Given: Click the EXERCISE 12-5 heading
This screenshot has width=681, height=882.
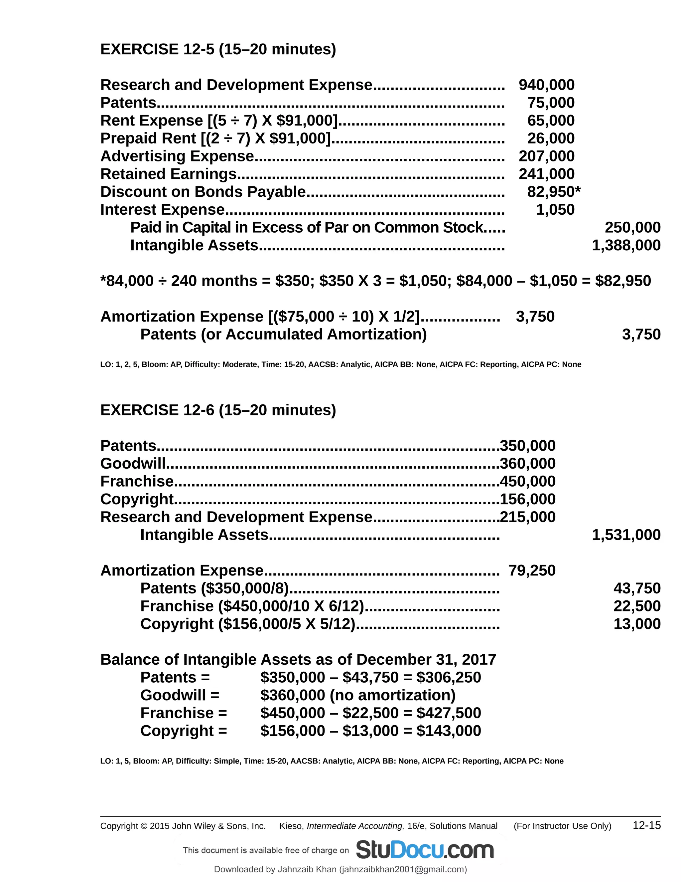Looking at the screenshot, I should pyautogui.click(x=218, y=49).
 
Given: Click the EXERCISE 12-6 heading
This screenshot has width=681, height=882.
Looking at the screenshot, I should pyautogui.click(x=218, y=410).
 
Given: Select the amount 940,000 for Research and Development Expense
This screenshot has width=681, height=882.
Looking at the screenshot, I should pyautogui.click(x=546, y=85).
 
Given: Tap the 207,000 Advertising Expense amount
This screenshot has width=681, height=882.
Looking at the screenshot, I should pyautogui.click(x=546, y=156).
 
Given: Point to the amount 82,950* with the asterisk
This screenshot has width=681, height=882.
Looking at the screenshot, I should pyautogui.click(x=554, y=192).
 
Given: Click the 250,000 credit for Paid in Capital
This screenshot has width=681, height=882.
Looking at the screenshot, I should pyautogui.click(x=632, y=227).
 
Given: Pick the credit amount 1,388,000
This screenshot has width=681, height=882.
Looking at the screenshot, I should pyautogui.click(x=626, y=245).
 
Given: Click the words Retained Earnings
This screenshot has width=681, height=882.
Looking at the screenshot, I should pyautogui.click(x=168, y=174).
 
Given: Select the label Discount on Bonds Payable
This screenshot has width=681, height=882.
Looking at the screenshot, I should pyautogui.click(x=203, y=192).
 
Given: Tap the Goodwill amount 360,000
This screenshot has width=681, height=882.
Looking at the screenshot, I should pyautogui.click(x=528, y=464).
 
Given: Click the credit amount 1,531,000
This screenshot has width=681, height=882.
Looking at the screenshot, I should pyautogui.click(x=626, y=535).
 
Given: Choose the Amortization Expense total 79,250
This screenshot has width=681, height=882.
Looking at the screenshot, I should pyautogui.click(x=532, y=570).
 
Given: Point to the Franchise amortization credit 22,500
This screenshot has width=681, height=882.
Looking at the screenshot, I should pyautogui.click(x=637, y=606).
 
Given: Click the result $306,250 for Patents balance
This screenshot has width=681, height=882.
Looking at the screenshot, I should pyautogui.click(x=449, y=677).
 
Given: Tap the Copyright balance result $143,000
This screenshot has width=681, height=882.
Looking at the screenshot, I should pyautogui.click(x=449, y=731).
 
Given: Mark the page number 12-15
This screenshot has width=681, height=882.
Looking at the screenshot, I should pyautogui.click(x=646, y=825).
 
